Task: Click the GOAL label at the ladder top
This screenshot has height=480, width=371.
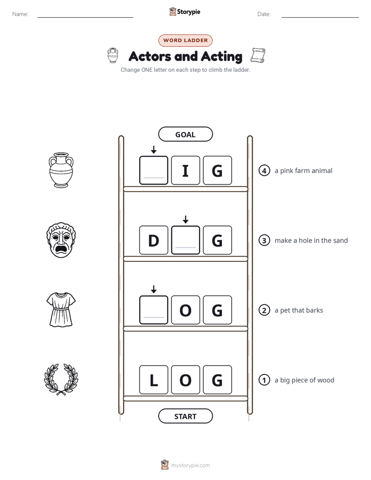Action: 185,135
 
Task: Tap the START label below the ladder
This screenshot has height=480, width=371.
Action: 185,416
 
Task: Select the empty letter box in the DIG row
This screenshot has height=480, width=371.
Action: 186,241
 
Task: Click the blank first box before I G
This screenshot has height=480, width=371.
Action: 154,170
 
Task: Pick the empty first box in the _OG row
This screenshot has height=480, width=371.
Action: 154,310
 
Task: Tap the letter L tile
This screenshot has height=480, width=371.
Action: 154,380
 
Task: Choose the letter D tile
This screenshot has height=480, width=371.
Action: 154,241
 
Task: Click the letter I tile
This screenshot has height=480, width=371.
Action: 186,170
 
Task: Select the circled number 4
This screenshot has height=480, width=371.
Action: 264,170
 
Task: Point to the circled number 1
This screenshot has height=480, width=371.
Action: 264,380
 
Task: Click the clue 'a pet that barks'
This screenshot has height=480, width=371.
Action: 299,311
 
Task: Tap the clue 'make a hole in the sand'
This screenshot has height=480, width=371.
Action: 311,241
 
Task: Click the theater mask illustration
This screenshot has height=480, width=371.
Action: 61,240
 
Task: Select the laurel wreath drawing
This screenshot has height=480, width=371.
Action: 61,380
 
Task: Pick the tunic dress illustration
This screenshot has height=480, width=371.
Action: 61,310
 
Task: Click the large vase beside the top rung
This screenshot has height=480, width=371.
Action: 61,170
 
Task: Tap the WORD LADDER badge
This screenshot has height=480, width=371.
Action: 186,41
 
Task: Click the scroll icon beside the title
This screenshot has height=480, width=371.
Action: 258,56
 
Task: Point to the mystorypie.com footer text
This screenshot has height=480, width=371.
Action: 190,465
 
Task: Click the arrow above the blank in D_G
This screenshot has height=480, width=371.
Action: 186,219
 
